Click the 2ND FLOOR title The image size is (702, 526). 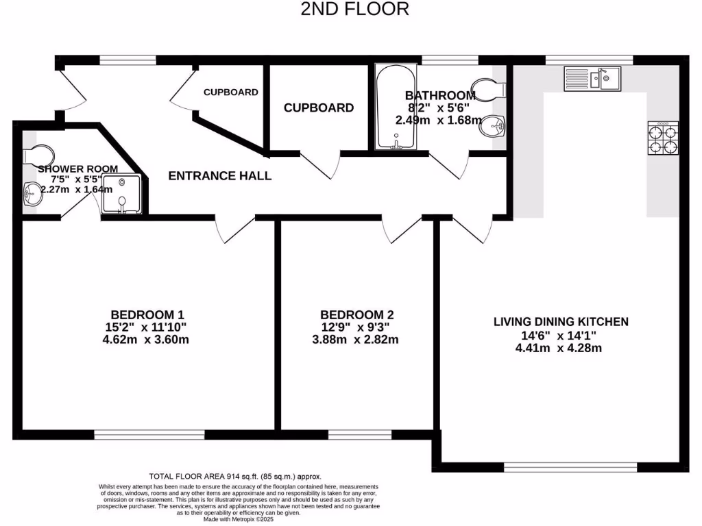click(x=355, y=9)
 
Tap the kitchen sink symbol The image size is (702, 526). click(x=592, y=78)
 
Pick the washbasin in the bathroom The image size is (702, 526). click(x=494, y=127)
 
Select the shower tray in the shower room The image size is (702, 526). click(x=123, y=194)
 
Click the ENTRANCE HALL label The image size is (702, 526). click(x=220, y=176)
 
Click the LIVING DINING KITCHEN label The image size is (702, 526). click(x=561, y=321)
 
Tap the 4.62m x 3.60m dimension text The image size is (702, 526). click(x=145, y=339)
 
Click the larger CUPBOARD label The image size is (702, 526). click(x=319, y=108)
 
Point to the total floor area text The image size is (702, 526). click(x=235, y=476)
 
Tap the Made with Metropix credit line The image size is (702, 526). click(x=234, y=518)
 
